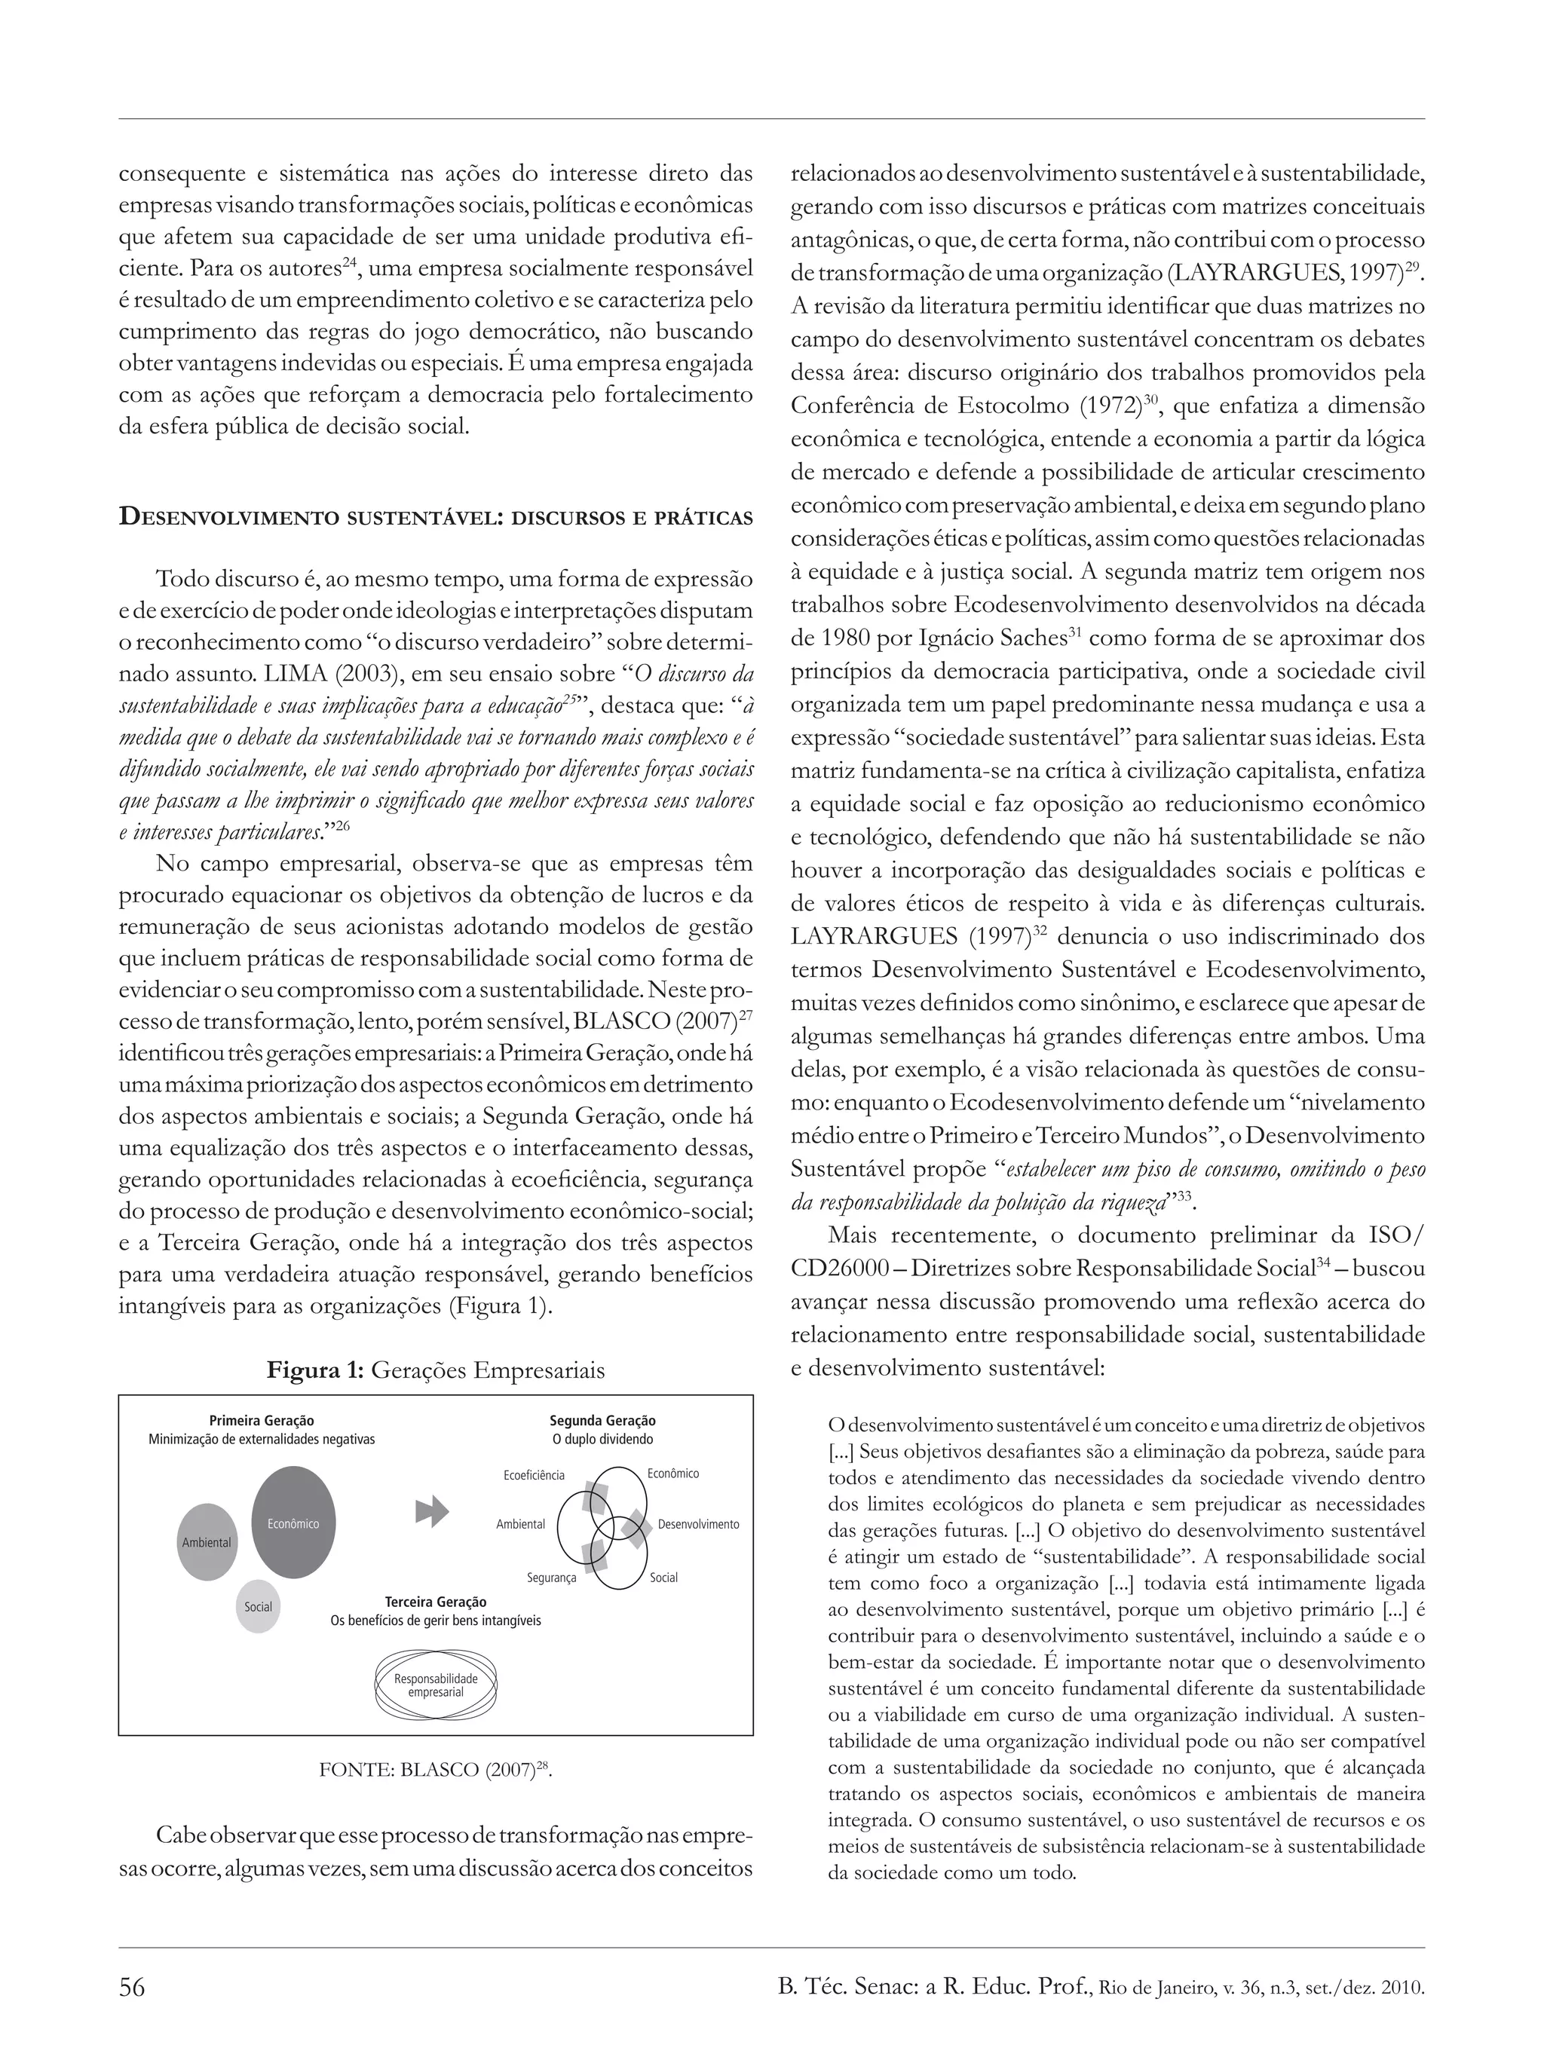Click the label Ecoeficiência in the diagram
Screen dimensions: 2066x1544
(533, 1475)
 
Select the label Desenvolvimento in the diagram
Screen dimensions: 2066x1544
(698, 1523)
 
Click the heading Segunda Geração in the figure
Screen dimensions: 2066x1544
(602, 1421)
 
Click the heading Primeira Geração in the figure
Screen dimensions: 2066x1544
(262, 1421)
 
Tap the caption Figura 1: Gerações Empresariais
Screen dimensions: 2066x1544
(435, 1370)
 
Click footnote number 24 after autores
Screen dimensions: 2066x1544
(348, 262)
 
